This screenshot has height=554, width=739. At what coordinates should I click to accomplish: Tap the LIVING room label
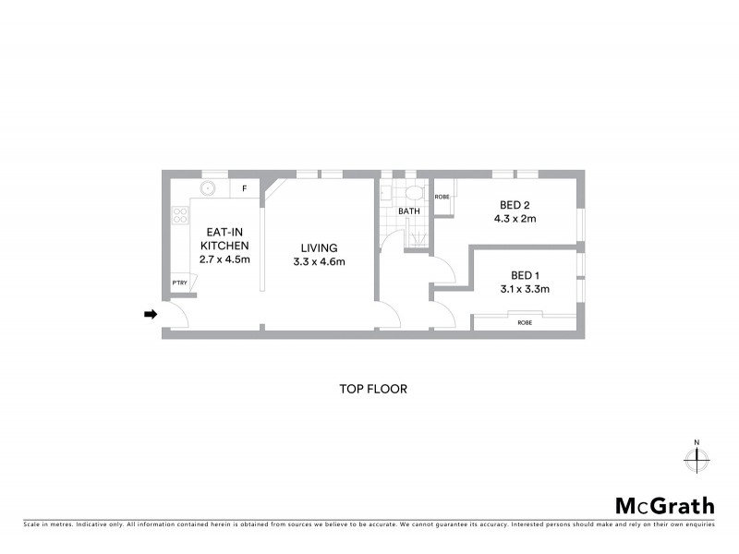coord(319,247)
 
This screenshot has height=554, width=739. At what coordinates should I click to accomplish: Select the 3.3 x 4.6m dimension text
coord(319,262)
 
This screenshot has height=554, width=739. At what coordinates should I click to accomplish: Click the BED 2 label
coord(515,205)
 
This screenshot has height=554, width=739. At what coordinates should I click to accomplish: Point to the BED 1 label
coord(524,275)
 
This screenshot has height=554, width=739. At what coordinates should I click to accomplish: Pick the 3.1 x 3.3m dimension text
coord(524,289)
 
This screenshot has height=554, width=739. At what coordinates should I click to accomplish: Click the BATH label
coord(408,211)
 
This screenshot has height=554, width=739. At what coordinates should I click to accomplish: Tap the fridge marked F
coord(245,188)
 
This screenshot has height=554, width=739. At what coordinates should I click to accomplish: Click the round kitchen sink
coord(210,188)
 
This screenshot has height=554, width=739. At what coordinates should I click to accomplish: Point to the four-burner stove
coord(177,220)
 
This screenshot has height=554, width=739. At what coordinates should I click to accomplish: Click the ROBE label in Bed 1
coord(525,322)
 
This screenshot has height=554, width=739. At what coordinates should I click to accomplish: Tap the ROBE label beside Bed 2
coord(442,197)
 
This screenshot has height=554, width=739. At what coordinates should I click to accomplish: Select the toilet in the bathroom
coord(413,193)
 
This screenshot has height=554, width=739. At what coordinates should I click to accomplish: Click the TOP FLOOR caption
coord(373,389)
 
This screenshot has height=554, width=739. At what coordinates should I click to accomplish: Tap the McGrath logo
coord(665,505)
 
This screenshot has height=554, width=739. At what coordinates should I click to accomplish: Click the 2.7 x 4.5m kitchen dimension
coord(224,259)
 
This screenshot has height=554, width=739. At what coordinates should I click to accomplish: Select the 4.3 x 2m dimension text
coord(515,219)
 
